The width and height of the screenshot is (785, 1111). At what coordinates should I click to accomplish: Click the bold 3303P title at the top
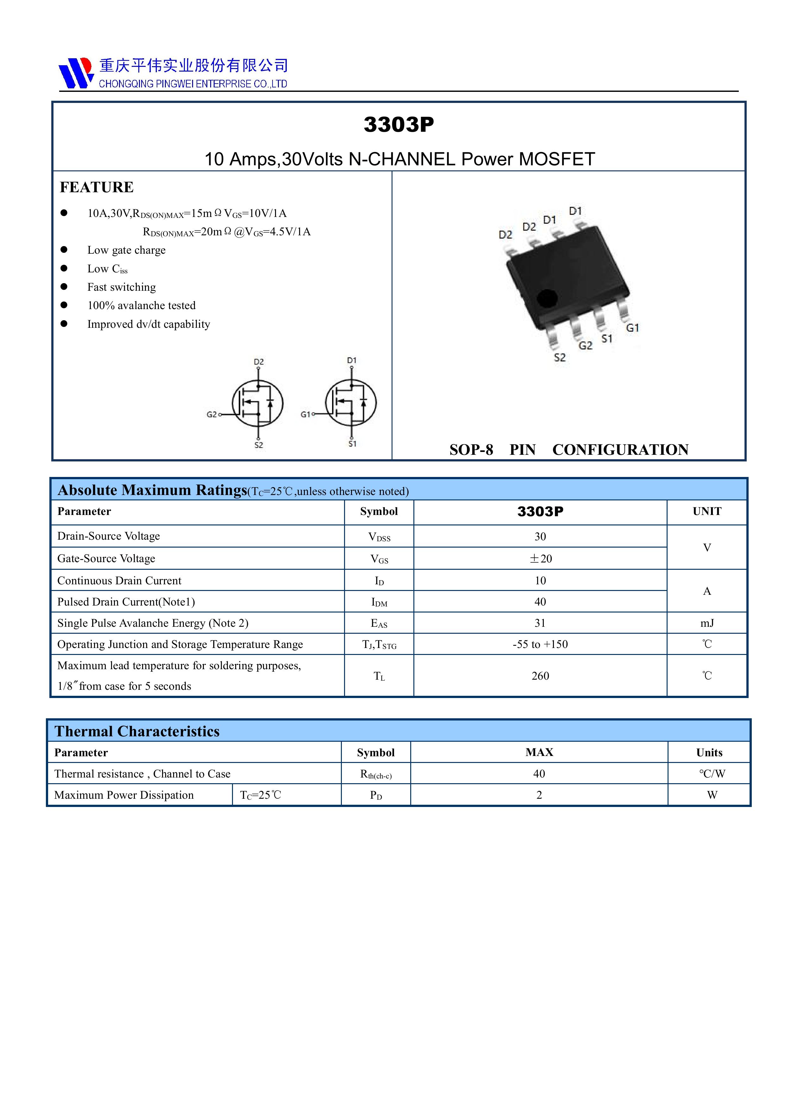coord(399,124)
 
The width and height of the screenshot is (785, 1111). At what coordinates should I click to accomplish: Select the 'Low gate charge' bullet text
coord(126,250)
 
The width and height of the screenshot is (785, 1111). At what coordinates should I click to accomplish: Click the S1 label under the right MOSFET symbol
coord(352,444)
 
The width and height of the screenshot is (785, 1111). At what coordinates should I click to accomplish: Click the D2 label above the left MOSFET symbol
coord(259,361)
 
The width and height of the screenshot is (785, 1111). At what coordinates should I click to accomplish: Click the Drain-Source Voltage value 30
coord(540,536)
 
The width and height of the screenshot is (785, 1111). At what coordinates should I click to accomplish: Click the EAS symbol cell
coord(379,623)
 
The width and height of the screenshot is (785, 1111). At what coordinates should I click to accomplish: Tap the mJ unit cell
coord(706,623)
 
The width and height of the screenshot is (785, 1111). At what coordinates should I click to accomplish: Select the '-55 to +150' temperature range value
coord(540,644)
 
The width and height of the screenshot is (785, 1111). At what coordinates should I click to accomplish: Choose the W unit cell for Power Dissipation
coord(712,795)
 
